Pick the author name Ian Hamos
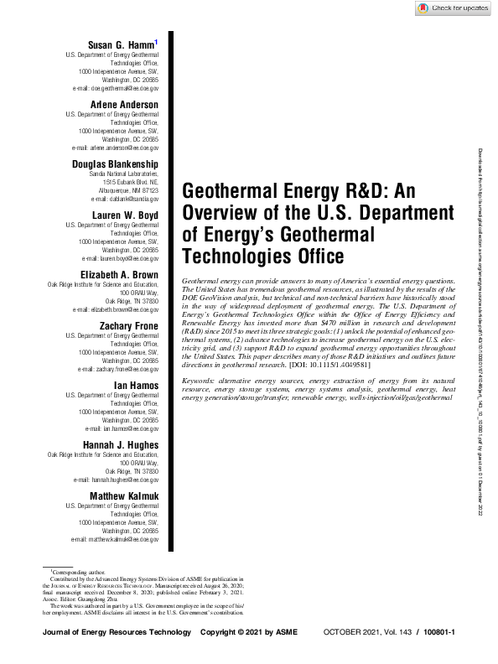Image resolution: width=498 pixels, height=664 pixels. tap(137, 386)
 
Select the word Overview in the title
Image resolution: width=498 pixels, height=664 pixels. tap(215, 211)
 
